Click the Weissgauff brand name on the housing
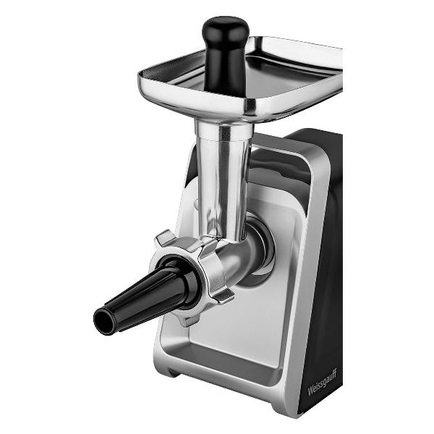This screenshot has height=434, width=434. click(x=322, y=383)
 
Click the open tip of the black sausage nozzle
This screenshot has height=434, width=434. click(x=103, y=320)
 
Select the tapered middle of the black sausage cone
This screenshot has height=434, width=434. click(x=144, y=302)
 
